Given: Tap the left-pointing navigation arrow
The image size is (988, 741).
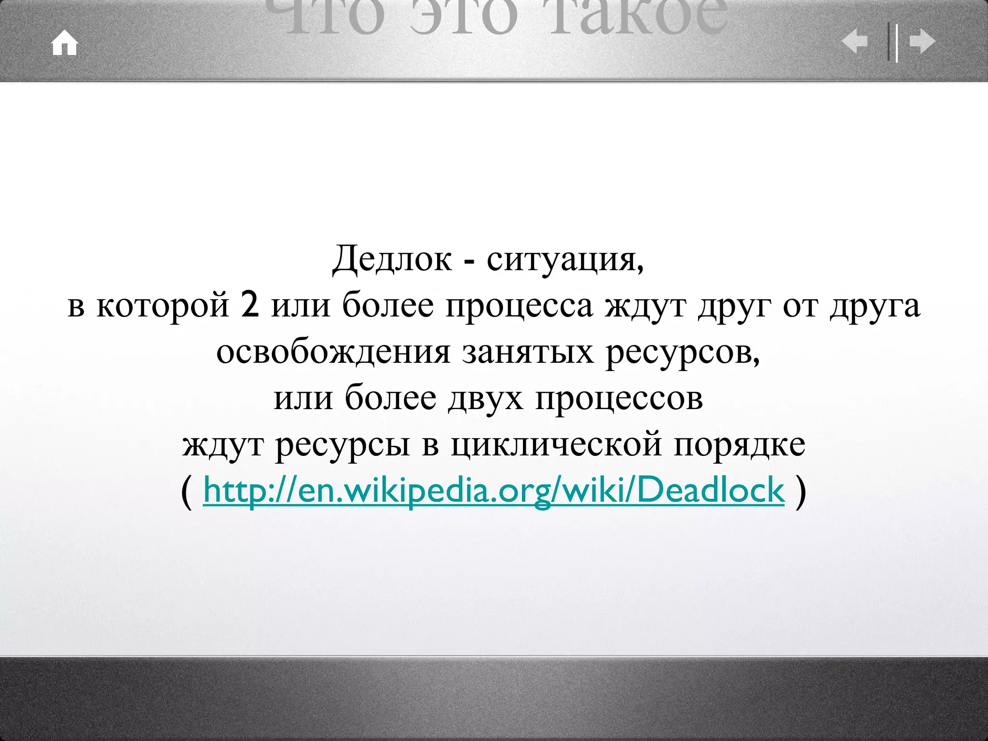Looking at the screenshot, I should point(854,41).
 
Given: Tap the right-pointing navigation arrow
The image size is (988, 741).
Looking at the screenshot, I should point(922,41).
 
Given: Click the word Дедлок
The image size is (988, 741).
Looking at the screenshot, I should point(392,259).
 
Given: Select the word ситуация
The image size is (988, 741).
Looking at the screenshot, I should point(564,259).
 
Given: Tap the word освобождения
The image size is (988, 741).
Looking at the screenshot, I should point(333,352).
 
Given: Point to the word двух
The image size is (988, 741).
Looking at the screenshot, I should point(485,398).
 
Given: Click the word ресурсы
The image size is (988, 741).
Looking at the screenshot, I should point(343,445).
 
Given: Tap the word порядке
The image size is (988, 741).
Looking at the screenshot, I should point(740,445).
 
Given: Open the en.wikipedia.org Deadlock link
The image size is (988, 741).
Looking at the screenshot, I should point(494,490).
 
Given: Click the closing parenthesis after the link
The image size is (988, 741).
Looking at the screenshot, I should point(800,491).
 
